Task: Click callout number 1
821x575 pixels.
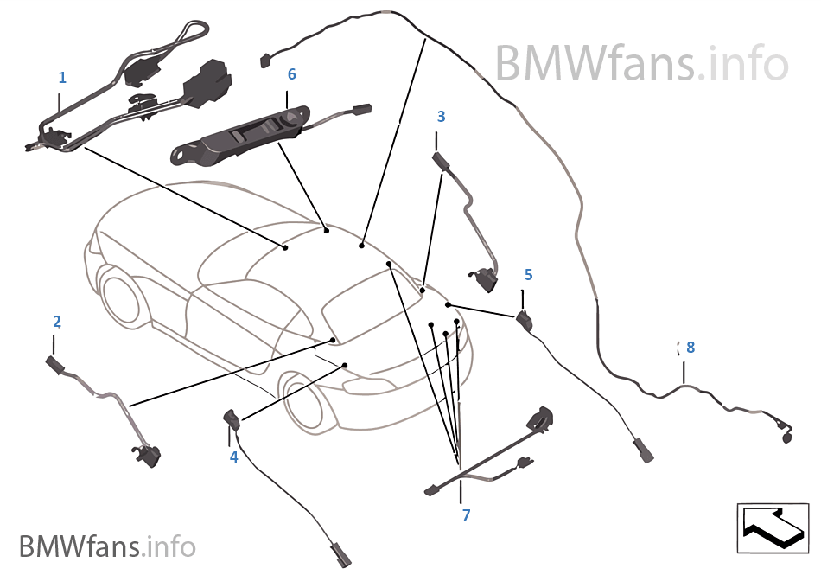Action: click(62, 78)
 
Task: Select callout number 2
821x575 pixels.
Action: click(57, 322)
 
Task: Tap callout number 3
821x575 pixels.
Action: click(442, 116)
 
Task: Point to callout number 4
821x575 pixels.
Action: click(233, 457)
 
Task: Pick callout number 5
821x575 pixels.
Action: click(529, 275)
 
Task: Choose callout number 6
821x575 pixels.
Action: click(292, 74)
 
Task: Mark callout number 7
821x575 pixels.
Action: click(466, 515)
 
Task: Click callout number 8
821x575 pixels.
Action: click(690, 348)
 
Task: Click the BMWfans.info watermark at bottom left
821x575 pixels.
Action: click(107, 546)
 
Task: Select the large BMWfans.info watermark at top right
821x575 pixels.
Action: click(641, 62)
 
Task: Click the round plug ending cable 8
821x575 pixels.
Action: click(786, 438)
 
